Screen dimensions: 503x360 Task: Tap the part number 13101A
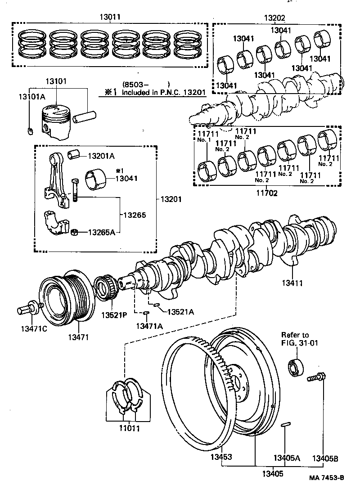[x=32, y=97]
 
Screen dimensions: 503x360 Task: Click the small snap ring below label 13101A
[x=30, y=131]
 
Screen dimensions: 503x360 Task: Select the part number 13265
[x=135, y=215]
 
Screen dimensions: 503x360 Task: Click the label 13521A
[x=181, y=311]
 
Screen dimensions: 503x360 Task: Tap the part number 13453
[x=220, y=457]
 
